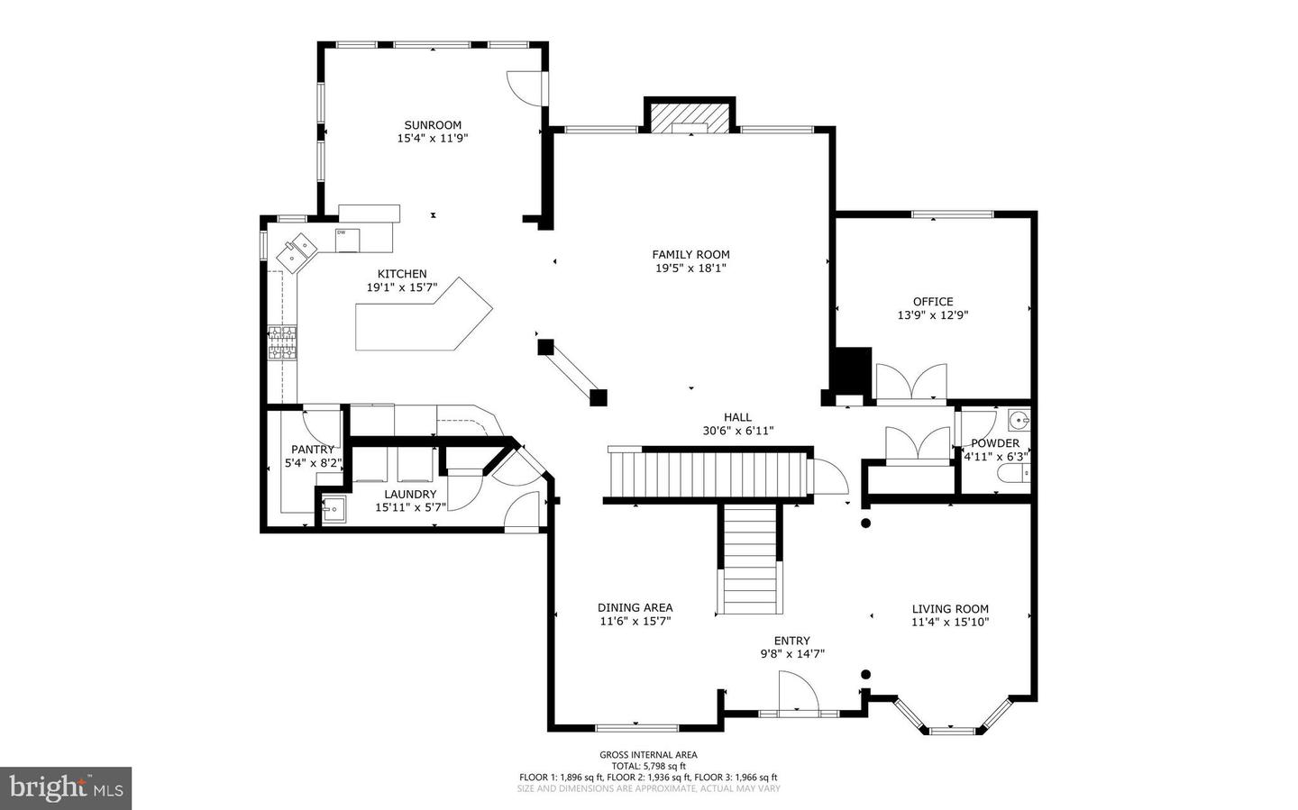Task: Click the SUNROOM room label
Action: point(433,125)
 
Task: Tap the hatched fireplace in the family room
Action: point(690,117)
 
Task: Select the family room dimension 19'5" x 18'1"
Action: point(690,268)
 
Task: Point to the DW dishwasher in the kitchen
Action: point(347,240)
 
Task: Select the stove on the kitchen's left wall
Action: point(282,343)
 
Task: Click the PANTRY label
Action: point(312,450)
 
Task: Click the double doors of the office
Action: point(911,381)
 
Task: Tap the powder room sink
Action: point(1019,420)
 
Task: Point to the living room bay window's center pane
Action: point(953,730)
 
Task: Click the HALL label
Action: point(737,417)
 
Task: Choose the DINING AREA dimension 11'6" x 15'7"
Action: point(635,621)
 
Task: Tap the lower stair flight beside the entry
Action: point(749,559)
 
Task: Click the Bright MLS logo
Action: point(66,788)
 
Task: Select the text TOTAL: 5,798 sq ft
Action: point(648,766)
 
